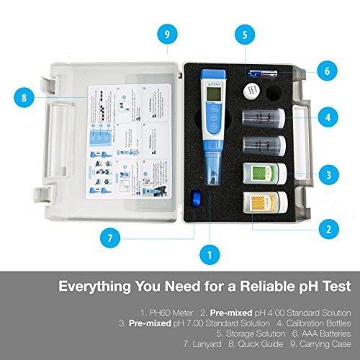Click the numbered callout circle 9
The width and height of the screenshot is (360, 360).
167,34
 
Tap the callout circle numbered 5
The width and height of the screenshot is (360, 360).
244,34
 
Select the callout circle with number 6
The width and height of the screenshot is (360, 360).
327,71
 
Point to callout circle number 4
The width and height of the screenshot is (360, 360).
327,115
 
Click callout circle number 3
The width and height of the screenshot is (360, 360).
327,174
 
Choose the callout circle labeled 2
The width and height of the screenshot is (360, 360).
327,230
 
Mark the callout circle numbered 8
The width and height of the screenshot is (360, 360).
25,96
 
